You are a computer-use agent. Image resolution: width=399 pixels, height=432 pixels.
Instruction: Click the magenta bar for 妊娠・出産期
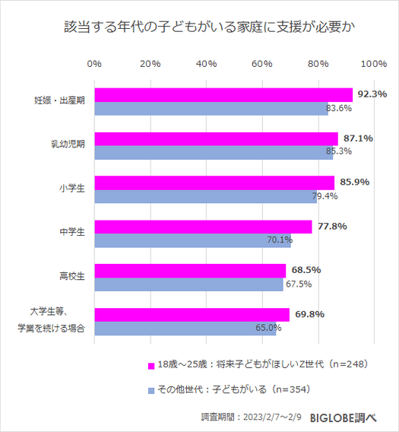[223, 94]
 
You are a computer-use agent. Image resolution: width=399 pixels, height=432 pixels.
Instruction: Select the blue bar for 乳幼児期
[214, 152]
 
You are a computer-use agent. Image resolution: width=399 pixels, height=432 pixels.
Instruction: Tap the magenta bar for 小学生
[214, 183]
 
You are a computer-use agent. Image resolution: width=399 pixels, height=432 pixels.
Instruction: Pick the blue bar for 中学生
[192, 240]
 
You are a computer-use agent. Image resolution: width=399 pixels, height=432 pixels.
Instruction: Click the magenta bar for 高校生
[190, 270]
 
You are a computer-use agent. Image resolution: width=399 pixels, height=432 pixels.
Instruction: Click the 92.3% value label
[372, 94]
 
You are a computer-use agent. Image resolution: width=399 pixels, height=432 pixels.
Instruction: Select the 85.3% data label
[339, 152]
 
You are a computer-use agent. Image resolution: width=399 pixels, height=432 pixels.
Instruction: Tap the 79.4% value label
[325, 197]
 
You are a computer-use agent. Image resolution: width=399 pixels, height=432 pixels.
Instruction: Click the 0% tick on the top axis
[95, 63]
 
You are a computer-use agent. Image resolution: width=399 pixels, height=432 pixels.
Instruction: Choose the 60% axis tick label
[262, 63]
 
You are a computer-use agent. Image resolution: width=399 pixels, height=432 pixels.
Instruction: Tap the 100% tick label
[373, 63]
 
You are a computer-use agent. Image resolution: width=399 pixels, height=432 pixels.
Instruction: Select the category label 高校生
[72, 276]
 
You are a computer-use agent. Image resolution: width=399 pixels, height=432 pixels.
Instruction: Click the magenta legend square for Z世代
[150, 367]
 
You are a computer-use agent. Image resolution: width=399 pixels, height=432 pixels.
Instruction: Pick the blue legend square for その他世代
[150, 390]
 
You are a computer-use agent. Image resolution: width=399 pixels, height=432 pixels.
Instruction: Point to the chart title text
[199, 27]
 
